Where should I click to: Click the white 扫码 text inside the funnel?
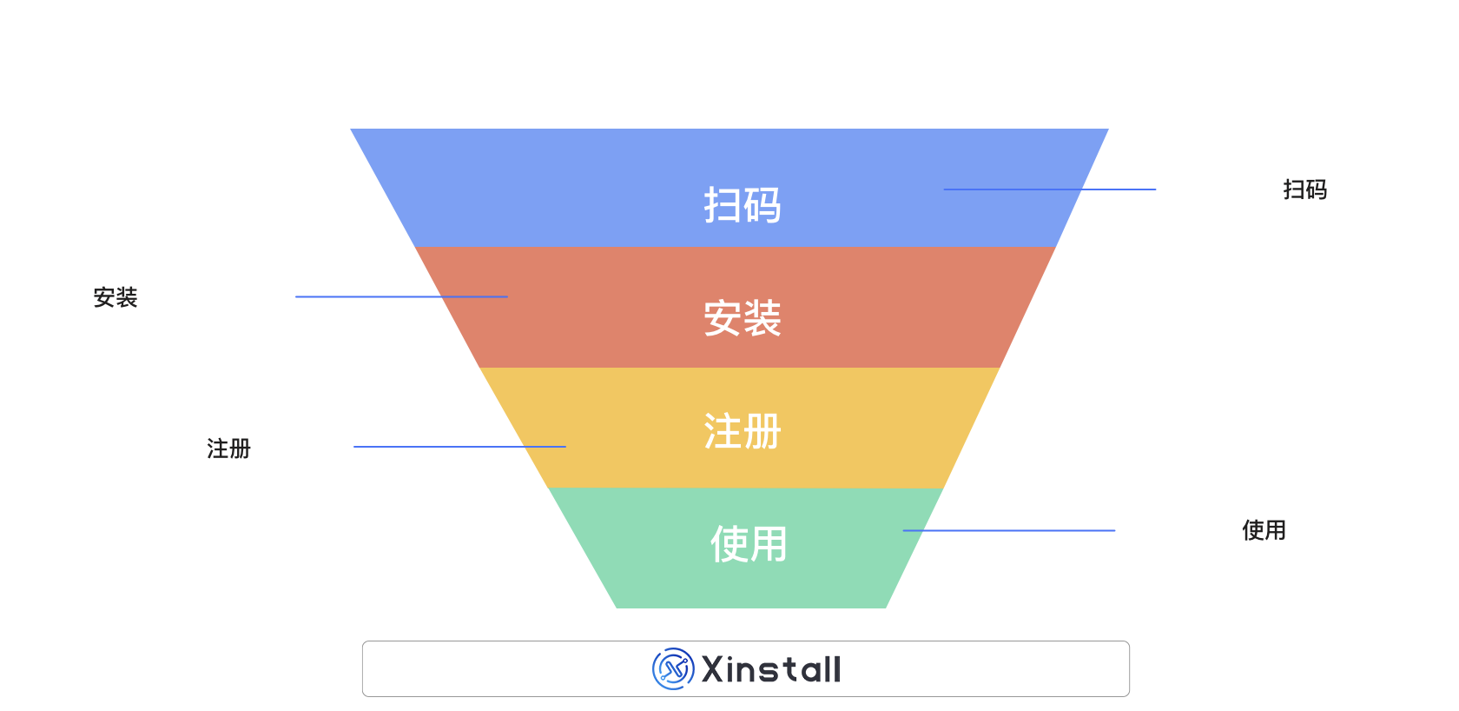[x=743, y=205]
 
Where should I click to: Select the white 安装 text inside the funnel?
[x=743, y=318]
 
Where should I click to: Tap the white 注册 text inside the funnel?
[x=743, y=431]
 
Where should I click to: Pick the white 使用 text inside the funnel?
[x=749, y=544]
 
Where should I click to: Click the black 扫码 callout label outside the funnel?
[x=1304, y=189]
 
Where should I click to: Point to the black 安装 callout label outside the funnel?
[x=116, y=297]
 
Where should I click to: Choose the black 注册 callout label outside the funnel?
[x=228, y=449]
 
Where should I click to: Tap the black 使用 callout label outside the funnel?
[x=1264, y=530]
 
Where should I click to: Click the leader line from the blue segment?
[x=1049, y=189]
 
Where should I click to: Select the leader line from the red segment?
[x=401, y=297]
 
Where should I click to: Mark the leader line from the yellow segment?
[x=459, y=447]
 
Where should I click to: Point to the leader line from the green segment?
[x=1008, y=530]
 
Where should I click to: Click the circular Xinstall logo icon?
[x=673, y=669]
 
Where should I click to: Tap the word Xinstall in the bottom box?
[x=771, y=669]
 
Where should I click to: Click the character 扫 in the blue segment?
[x=723, y=205]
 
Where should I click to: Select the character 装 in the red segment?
[x=763, y=318]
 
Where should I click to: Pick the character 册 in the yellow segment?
[x=763, y=431]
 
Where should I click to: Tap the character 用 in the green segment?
[x=769, y=544]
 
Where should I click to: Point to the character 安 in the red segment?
[x=723, y=318]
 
